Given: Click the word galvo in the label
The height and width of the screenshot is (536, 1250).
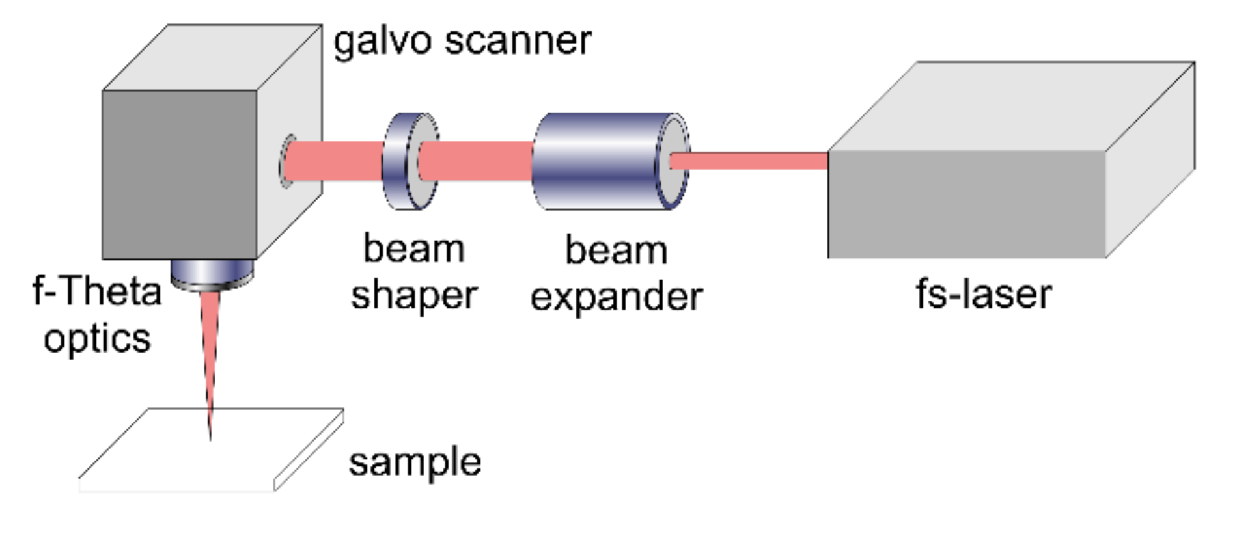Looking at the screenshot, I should (x=382, y=42).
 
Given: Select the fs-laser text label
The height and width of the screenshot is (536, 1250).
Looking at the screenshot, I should (x=983, y=294).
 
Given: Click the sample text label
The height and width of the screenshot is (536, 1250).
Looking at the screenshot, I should (x=415, y=462).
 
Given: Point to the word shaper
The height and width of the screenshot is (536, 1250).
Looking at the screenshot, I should (x=414, y=295).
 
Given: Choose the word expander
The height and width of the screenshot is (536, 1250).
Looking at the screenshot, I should (x=616, y=297).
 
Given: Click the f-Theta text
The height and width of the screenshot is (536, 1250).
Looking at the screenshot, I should (x=97, y=291).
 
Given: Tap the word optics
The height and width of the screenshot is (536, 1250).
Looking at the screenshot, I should (x=97, y=338).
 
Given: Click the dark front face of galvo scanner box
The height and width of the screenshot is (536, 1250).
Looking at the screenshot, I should (x=179, y=174).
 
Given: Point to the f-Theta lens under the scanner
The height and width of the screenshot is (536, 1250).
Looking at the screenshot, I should (x=212, y=273).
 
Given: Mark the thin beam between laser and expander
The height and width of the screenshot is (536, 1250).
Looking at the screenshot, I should (x=749, y=161).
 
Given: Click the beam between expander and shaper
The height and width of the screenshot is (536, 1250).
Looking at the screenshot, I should (x=475, y=161).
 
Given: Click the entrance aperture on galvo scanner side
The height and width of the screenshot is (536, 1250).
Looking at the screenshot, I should (x=287, y=161).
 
